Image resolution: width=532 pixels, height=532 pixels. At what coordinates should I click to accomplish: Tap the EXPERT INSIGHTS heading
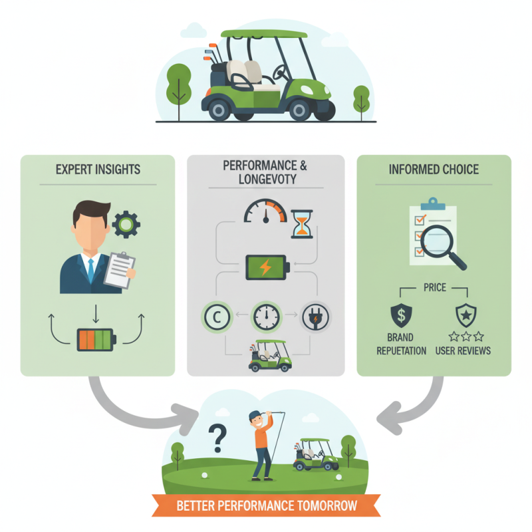point(98,170)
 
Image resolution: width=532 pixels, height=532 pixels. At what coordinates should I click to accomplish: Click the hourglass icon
point(302,225)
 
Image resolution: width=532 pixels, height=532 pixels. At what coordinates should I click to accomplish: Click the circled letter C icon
point(216,317)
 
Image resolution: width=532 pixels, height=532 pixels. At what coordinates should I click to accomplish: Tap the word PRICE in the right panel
point(434,288)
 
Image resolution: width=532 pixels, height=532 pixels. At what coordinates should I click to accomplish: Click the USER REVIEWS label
point(463,350)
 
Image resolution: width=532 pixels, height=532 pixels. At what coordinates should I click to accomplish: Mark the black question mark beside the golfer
point(217,438)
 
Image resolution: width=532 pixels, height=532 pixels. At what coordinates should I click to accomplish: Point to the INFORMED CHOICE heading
point(434,170)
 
